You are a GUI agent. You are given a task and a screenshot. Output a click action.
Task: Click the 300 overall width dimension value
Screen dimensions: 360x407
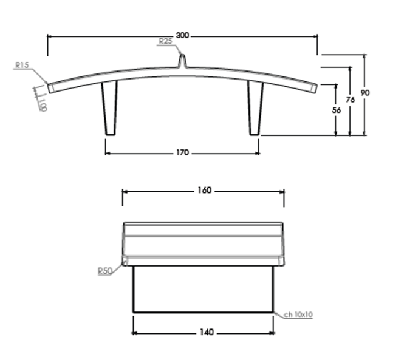(x=182, y=36)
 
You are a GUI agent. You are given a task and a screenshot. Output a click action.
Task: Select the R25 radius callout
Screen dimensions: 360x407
(x=165, y=41)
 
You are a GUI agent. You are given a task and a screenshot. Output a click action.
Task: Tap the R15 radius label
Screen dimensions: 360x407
(x=22, y=65)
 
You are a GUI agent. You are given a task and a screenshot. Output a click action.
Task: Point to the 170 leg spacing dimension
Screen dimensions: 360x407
(x=182, y=152)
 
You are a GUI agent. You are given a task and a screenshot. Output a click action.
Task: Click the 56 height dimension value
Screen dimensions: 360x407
(x=337, y=110)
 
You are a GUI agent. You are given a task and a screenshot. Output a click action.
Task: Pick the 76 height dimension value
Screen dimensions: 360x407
(x=351, y=99)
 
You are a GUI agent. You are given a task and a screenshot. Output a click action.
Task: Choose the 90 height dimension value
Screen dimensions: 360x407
(x=365, y=93)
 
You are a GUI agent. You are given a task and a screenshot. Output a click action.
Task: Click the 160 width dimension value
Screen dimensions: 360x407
(x=204, y=191)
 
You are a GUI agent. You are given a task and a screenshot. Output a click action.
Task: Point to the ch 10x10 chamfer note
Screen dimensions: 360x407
(x=298, y=314)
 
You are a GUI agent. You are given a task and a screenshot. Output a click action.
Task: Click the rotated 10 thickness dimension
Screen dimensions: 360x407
(x=43, y=104)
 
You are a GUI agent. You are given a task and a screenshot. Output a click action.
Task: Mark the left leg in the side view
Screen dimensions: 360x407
(x=110, y=108)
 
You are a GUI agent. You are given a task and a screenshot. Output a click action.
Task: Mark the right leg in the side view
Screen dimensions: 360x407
(x=256, y=108)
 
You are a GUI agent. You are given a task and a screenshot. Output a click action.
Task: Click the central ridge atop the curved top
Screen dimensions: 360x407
(x=182, y=61)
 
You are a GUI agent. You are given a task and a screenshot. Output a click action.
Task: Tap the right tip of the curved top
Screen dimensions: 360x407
(x=314, y=88)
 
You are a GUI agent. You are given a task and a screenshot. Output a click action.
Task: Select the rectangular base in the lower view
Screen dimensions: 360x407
(x=203, y=289)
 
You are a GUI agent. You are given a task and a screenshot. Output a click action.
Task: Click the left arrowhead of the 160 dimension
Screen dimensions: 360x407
(x=125, y=191)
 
